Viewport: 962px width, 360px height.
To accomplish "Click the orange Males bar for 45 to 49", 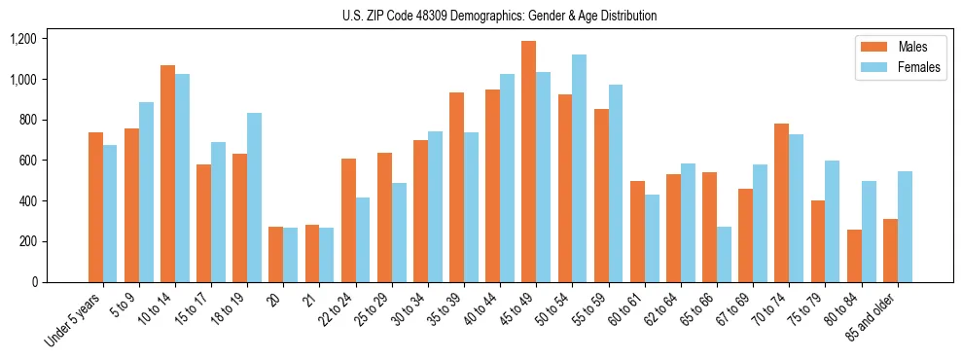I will [x=528, y=162].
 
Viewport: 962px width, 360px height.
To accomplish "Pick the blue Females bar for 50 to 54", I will [x=579, y=168].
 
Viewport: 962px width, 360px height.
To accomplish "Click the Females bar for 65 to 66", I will [x=724, y=254].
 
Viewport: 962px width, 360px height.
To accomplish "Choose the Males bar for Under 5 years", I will [x=95, y=207].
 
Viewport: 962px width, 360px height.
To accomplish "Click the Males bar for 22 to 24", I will [x=348, y=220].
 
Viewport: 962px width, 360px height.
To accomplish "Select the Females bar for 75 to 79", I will [x=832, y=221].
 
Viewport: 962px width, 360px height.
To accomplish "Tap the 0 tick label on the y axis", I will [x=34, y=282].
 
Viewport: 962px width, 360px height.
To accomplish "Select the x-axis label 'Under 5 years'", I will [x=75, y=317].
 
